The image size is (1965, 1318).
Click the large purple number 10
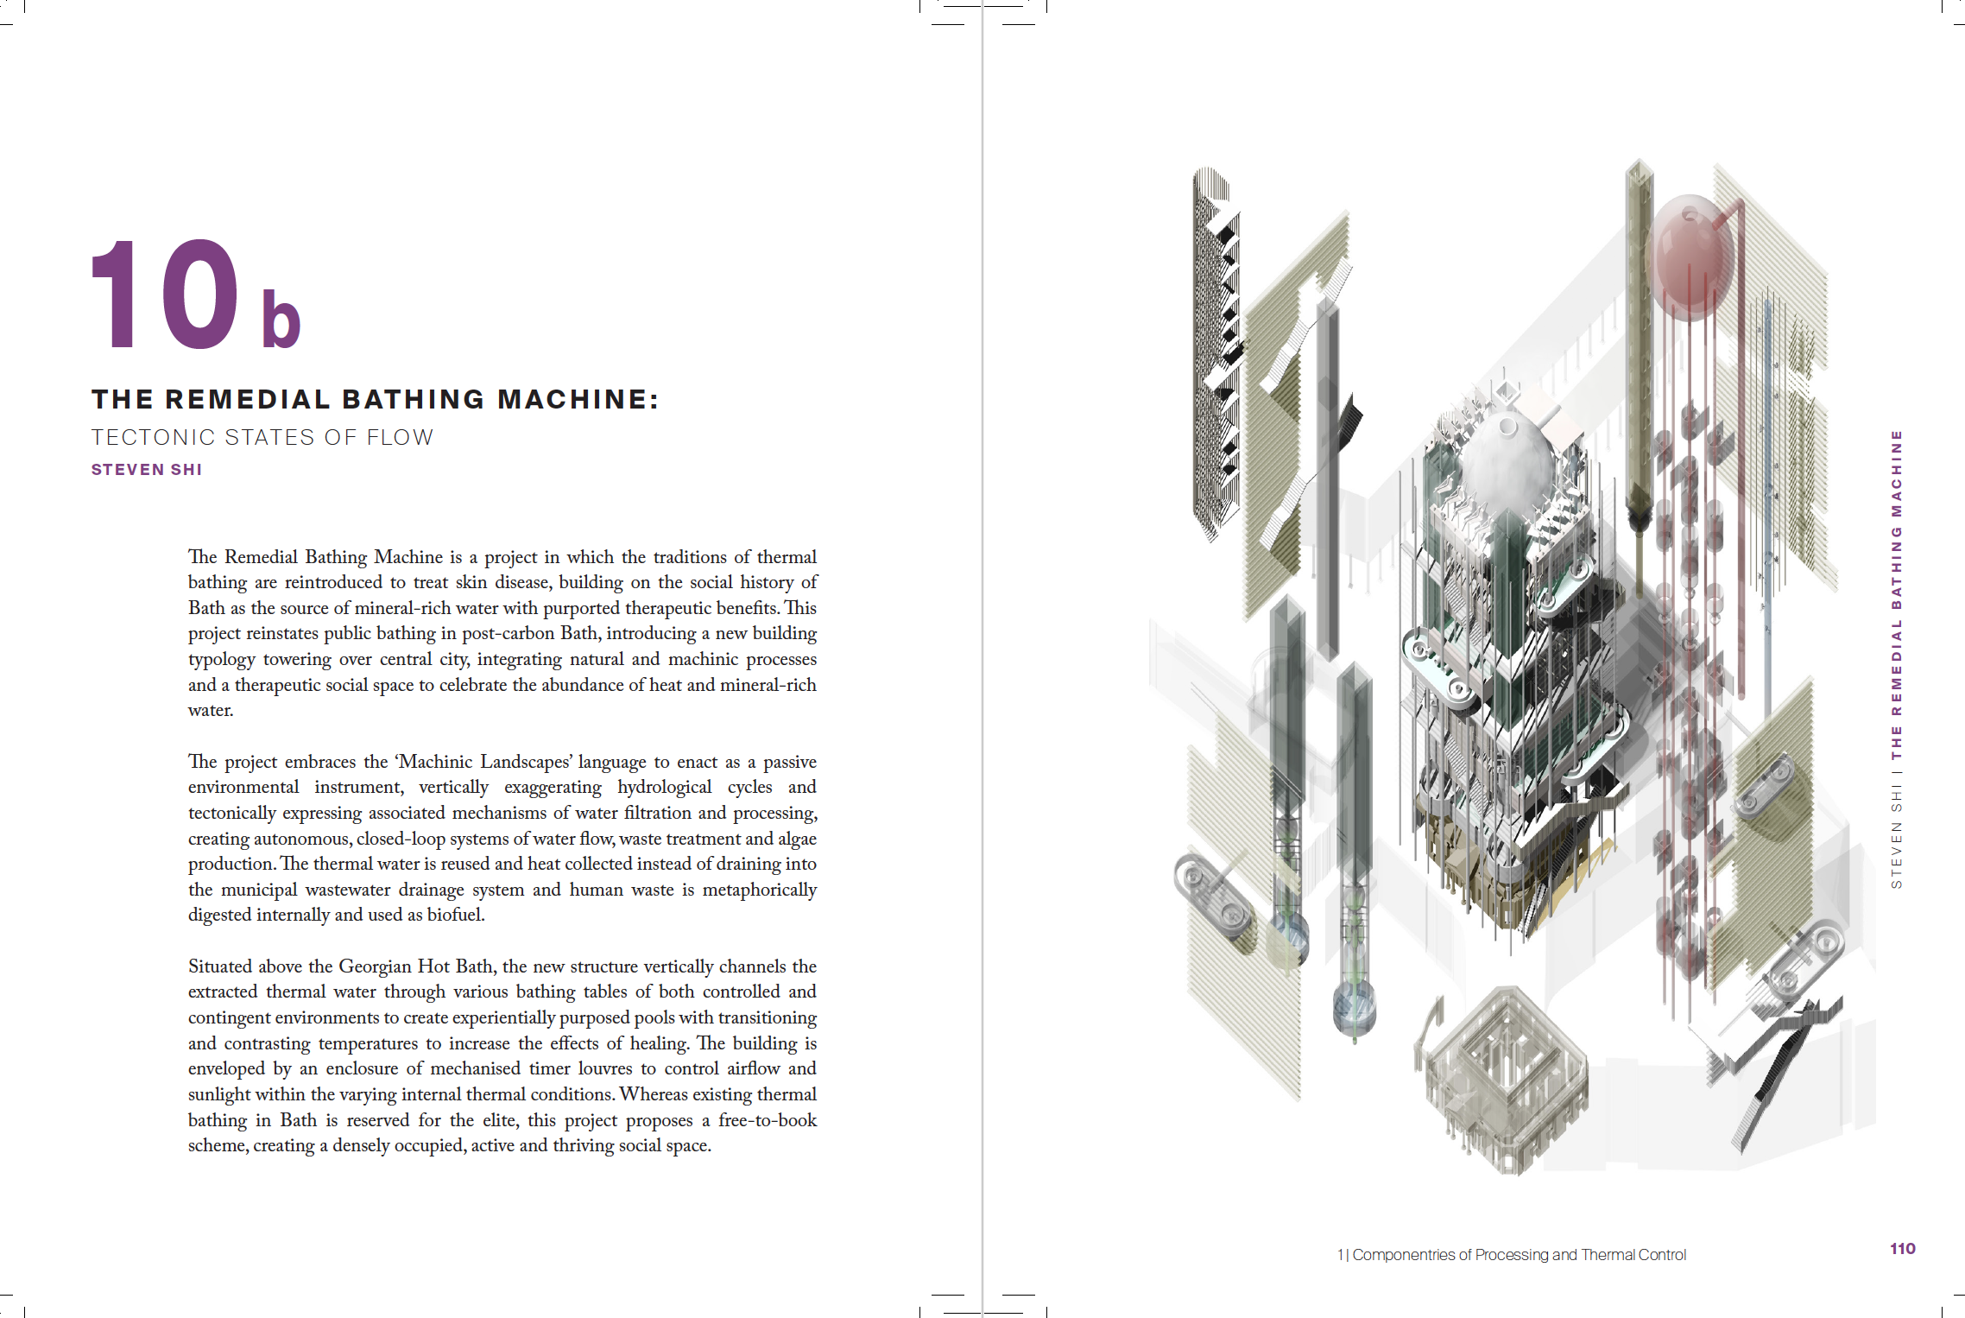tap(164, 295)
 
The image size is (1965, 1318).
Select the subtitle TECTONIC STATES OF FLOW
tap(262, 438)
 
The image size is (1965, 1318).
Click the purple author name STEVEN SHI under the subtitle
tap(147, 470)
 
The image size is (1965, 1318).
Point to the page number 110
tap(1902, 1248)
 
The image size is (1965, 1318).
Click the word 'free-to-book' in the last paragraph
tap(767, 1120)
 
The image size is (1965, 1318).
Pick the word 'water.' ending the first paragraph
tap(211, 710)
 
